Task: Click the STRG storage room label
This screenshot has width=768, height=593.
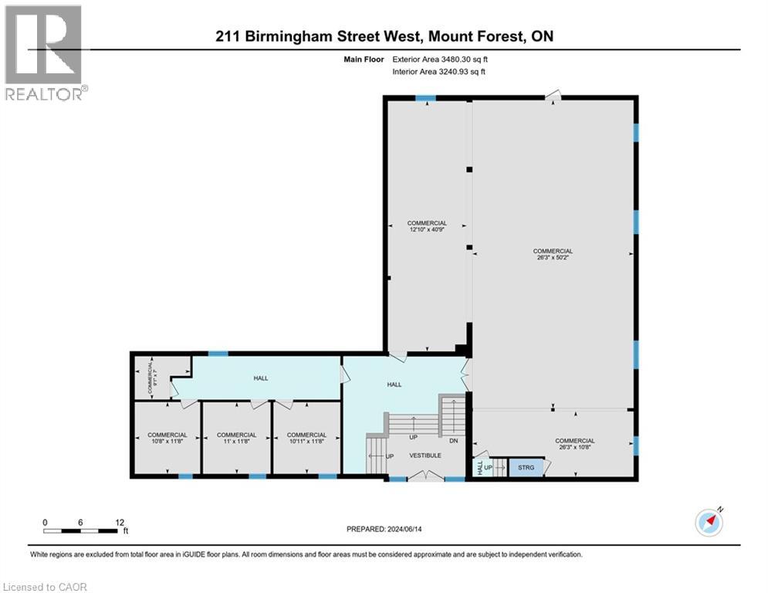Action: pos(526,467)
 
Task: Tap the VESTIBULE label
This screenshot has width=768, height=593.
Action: pos(425,456)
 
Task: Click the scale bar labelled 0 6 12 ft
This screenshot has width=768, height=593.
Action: pos(82,530)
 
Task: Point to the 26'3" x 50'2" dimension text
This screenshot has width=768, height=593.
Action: pos(553,259)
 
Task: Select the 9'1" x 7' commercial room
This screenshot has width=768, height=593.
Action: pos(152,378)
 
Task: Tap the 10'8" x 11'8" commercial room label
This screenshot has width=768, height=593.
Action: pos(167,439)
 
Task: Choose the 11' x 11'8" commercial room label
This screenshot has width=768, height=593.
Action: pos(236,439)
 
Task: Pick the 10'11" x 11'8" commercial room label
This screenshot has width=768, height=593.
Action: pos(306,439)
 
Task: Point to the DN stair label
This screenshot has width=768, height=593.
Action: pos(453,441)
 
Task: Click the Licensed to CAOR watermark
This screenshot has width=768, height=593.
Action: pos(46,587)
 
